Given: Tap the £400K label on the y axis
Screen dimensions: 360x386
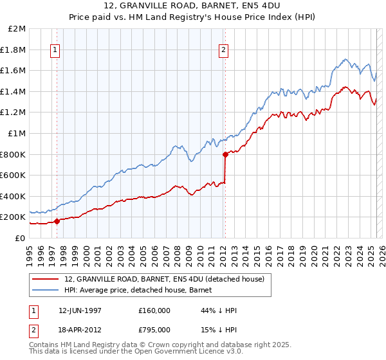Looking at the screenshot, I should click(x=14, y=196).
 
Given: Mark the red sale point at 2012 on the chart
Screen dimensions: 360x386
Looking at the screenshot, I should click(x=226, y=154).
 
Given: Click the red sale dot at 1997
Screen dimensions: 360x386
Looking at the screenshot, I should click(x=57, y=221).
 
